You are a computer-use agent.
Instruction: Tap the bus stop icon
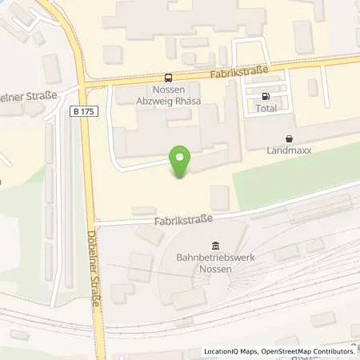pyautogui.click(x=168, y=78)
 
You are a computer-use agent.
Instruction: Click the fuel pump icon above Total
pyautogui.click(x=265, y=97)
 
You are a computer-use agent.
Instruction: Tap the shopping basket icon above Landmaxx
pyautogui.click(x=288, y=138)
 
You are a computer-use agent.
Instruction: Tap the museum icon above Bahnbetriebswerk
pyautogui.click(x=214, y=245)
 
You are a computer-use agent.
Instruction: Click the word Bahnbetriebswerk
pyautogui.click(x=214, y=258)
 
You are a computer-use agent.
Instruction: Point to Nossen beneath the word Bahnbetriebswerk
pyautogui.click(x=214, y=270)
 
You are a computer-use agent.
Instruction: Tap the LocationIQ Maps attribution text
pyautogui.click(x=230, y=351)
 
